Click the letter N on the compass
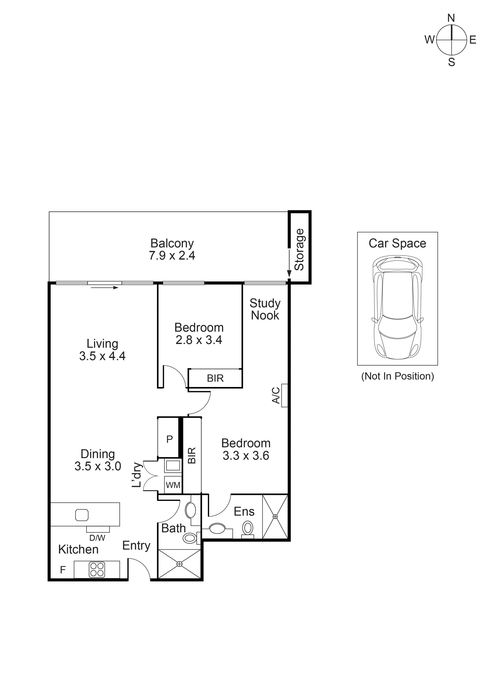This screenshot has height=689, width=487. pyautogui.click(x=451, y=18)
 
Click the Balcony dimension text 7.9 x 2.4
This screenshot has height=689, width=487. pyautogui.click(x=172, y=256)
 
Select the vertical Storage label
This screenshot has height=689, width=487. pyautogui.click(x=300, y=250)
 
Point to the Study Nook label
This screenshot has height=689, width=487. pyautogui.click(x=265, y=309)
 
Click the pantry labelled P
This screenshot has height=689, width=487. pyautogui.click(x=170, y=439)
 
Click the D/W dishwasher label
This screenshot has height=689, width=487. pyautogui.click(x=97, y=538)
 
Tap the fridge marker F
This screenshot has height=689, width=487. pyautogui.click(x=63, y=570)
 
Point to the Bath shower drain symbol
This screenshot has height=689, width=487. pyautogui.click(x=179, y=564)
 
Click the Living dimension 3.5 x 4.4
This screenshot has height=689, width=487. pyautogui.click(x=102, y=356)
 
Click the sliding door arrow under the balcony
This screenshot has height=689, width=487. pyautogui.click(x=105, y=288)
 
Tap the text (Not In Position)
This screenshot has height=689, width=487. pyautogui.click(x=397, y=376)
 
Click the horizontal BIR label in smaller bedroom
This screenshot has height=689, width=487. pyautogui.click(x=215, y=378)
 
